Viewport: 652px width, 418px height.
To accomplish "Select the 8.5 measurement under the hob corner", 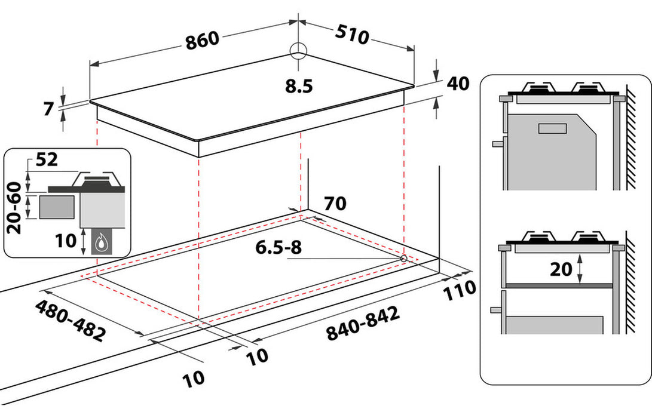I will (299, 87).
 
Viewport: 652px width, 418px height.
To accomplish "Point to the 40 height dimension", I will (457, 84).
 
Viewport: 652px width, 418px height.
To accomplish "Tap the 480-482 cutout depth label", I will (70, 320).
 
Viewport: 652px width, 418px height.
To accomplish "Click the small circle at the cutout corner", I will (404, 259).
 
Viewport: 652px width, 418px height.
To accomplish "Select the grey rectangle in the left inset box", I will (58, 207).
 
